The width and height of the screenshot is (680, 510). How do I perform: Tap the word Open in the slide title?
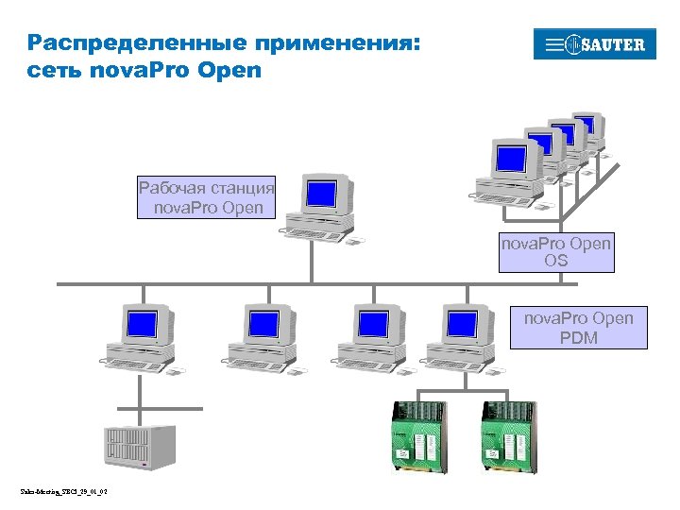point(229,70)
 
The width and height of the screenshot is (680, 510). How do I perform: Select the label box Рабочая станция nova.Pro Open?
point(207,196)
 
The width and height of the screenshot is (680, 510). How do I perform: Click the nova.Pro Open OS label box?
point(556,251)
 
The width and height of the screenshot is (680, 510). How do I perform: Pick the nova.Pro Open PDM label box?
point(578,327)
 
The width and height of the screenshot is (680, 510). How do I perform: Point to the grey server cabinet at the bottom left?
point(138,447)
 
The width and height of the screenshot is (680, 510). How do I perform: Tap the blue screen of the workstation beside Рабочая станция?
point(322,195)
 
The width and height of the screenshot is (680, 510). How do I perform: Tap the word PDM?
point(578,337)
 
